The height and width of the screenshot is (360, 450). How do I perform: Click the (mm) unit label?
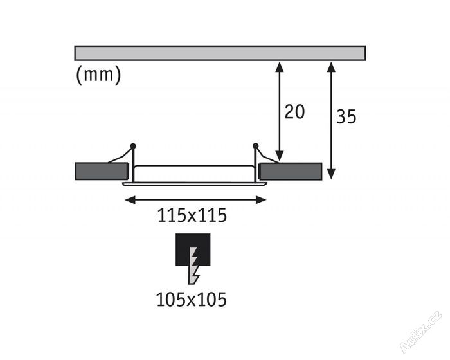tap(98, 75)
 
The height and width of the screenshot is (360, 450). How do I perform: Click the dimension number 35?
tap(346, 116)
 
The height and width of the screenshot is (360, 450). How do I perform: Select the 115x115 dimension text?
tap(193, 216)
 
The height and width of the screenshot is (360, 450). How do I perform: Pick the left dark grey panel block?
tap(102, 171)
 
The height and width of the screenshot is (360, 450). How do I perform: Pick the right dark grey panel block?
tap(290, 171)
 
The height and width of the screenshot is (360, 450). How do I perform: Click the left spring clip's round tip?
tap(133, 145)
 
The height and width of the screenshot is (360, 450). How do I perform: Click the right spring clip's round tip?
tap(255, 145)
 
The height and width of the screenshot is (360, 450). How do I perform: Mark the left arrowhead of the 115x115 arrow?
tap(128, 200)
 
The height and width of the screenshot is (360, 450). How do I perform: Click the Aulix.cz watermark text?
tap(421, 332)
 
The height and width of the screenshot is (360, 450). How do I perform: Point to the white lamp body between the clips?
tap(194, 173)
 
